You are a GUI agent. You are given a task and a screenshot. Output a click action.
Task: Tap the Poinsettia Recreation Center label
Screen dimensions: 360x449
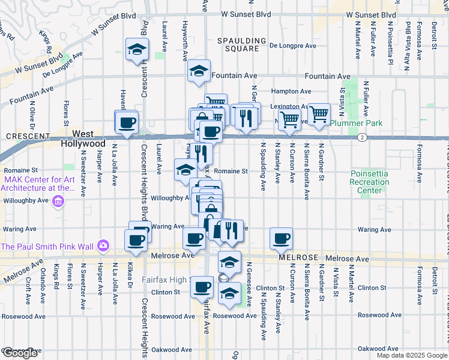[370, 182]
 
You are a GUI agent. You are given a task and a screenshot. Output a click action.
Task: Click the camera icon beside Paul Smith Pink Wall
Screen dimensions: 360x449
[103, 245]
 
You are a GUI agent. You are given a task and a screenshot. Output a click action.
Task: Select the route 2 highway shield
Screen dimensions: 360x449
[362, 137]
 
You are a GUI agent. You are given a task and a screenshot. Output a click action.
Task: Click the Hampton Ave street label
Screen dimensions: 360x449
[291, 91]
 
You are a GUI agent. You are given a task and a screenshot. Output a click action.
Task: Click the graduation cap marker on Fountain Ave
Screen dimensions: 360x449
[199, 71]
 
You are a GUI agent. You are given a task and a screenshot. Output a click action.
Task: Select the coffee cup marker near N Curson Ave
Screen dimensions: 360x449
[281, 239]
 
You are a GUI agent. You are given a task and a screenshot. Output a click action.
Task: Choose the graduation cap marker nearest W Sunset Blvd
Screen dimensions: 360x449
[137, 49]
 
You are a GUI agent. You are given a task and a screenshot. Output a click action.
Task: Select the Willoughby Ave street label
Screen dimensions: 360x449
[170, 197]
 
